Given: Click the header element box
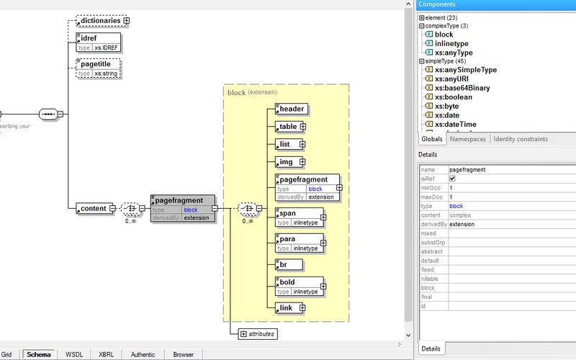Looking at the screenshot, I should pyautogui.click(x=292, y=109).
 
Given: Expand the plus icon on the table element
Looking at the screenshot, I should pyautogui.click(x=303, y=127).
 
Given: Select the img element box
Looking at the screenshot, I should pyautogui.click(x=286, y=162).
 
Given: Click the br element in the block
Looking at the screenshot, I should pyautogui.click(x=283, y=265).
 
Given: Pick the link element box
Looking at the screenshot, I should pyautogui.click(x=286, y=308).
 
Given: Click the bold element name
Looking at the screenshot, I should pyautogui.click(x=287, y=282).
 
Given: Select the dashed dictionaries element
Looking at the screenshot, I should pyautogui.click(x=99, y=21).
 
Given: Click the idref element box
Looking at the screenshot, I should pyautogui.click(x=97, y=42).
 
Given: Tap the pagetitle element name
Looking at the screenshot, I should pyautogui.click(x=99, y=64).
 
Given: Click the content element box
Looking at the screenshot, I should pyautogui.click(x=92, y=209).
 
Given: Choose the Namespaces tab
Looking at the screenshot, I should pyautogui.click(x=468, y=139).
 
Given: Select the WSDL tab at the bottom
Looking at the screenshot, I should pyautogui.click(x=74, y=354).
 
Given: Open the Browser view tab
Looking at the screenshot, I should pyautogui.click(x=183, y=354).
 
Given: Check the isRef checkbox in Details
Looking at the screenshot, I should pyautogui.click(x=452, y=179).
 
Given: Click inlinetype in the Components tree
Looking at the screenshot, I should pyautogui.click(x=451, y=43).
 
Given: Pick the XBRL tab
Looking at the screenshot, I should pyautogui.click(x=106, y=354).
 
